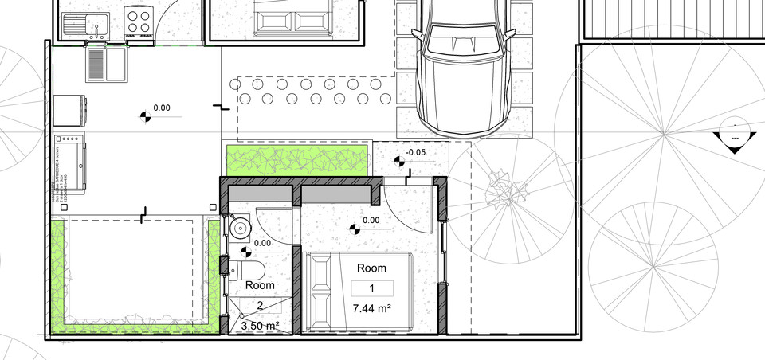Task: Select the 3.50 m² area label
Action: [x=261, y=325]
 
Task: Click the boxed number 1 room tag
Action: [x=371, y=288]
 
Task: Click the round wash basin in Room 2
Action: [x=238, y=229]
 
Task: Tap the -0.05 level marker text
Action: [x=415, y=152]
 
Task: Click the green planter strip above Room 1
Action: [x=297, y=159]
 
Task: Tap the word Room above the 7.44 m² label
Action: [x=371, y=268]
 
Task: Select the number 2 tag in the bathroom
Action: [x=260, y=305]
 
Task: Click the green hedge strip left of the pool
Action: [x=57, y=275]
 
